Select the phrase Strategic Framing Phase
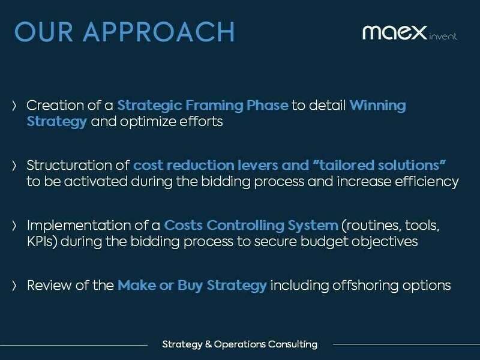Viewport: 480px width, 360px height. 203,106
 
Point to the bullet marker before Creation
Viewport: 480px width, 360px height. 15,106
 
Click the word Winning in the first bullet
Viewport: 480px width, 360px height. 377,106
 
